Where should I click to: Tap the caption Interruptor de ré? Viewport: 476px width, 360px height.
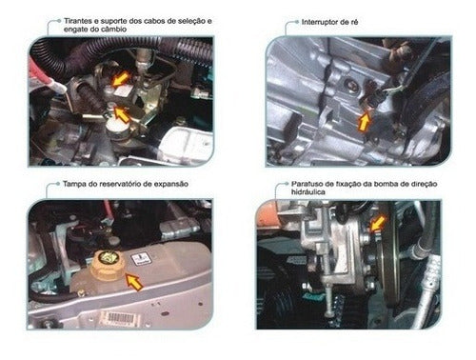point(329,22)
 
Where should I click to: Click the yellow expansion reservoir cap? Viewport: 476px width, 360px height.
point(105,265)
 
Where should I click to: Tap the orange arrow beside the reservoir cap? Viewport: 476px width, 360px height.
point(134,282)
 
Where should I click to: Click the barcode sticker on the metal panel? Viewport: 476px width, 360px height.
point(120,318)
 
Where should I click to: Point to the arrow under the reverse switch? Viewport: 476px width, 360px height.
point(364,121)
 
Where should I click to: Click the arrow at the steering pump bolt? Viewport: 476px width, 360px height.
point(378,223)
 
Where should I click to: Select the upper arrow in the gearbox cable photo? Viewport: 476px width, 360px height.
point(120,79)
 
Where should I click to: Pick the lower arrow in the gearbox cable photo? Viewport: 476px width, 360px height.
point(122,114)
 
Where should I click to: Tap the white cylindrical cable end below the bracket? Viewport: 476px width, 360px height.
point(116,129)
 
